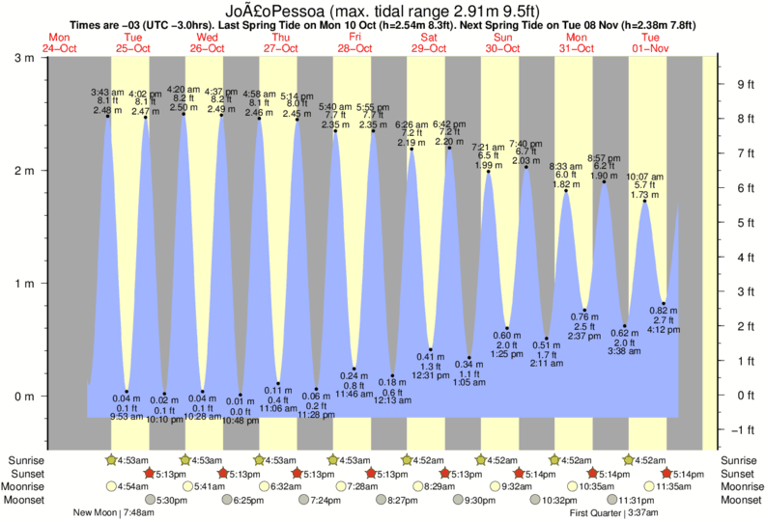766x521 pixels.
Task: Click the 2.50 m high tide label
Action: pos(184,108)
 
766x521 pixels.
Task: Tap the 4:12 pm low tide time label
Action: pos(665,331)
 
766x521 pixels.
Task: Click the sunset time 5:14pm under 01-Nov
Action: pos(687,474)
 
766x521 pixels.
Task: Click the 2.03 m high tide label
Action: pos(526,161)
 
